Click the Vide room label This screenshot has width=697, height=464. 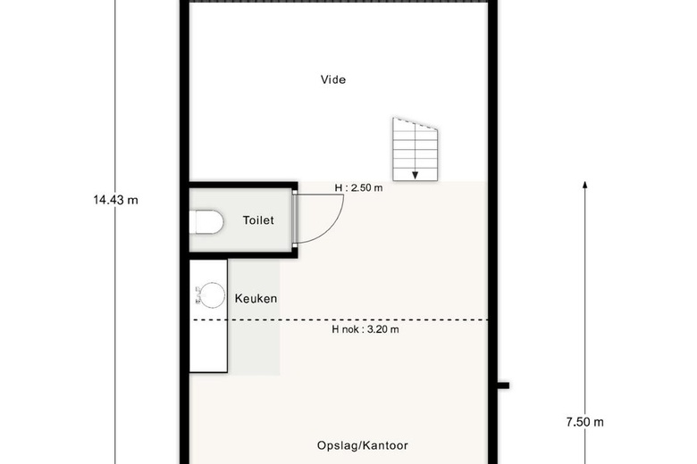click(x=333, y=79)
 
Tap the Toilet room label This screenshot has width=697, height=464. click(x=258, y=220)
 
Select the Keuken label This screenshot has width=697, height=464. click(x=256, y=298)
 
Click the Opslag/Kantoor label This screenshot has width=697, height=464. click(x=362, y=445)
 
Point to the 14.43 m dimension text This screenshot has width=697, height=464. click(x=115, y=200)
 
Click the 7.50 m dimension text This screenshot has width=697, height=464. click(x=585, y=422)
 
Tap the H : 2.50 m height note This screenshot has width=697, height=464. click(x=358, y=187)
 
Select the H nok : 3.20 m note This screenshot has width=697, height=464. click(x=365, y=329)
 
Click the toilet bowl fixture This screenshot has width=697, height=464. click(x=206, y=222)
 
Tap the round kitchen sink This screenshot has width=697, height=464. click(x=212, y=294)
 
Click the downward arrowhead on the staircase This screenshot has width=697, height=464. click(x=415, y=176)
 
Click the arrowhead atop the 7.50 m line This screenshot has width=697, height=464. click(x=585, y=185)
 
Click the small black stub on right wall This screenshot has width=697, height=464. click(x=503, y=385)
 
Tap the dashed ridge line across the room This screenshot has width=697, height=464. click(x=341, y=319)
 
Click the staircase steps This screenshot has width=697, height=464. click(x=415, y=150)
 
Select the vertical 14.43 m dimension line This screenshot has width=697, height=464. click(x=115, y=232)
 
